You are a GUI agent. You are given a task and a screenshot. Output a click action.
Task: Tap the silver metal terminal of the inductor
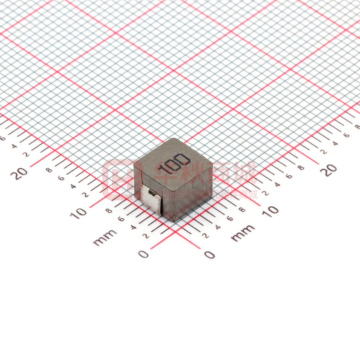click(153, 198)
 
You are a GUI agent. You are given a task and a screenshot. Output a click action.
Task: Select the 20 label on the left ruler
click(21, 173)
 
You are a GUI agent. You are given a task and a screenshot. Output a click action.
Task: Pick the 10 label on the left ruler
click(81, 212)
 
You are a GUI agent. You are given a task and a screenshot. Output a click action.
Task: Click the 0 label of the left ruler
click(144, 254)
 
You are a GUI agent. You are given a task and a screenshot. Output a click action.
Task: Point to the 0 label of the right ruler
click(210, 255)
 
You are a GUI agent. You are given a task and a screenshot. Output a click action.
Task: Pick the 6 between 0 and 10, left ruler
click(121, 219)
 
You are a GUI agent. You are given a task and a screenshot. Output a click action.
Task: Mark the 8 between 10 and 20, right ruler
click(301, 167)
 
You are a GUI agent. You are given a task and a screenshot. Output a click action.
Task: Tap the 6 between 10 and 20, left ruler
click(61, 178)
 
